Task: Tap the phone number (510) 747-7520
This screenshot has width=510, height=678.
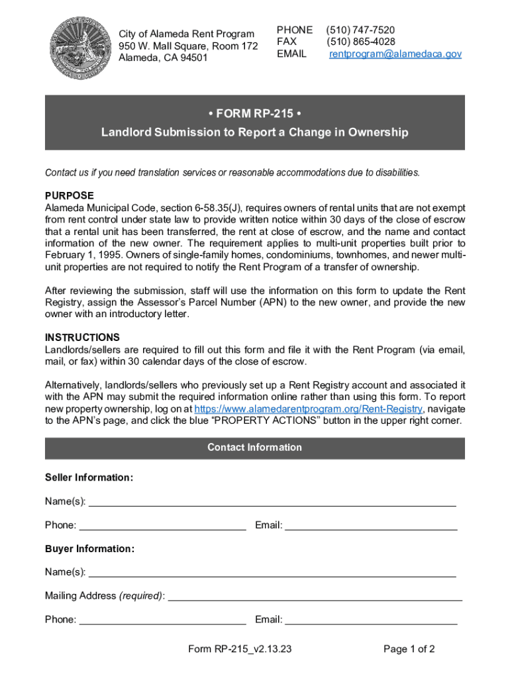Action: pos(360,30)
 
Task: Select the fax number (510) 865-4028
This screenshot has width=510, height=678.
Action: pos(360,42)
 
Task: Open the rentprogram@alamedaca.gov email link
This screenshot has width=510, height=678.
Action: pos(395,54)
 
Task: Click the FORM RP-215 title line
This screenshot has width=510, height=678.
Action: pos(255,113)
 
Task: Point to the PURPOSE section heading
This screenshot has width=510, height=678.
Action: pos(70,196)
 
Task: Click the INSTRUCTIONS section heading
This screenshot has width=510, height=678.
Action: pos(82,337)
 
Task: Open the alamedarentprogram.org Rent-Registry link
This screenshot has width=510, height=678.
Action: pos(306,409)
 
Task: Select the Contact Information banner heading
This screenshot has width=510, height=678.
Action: pos(255,448)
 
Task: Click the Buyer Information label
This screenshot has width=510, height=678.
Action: pos(89,549)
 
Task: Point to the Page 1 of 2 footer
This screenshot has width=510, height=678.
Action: pos(409,649)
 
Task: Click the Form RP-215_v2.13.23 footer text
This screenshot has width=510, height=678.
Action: pos(240,649)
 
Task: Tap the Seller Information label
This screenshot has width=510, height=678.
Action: pos(89,477)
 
